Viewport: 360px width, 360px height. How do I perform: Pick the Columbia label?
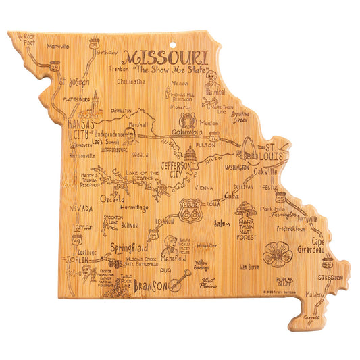[187, 132]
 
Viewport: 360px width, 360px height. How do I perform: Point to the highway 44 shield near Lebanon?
[155, 235]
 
